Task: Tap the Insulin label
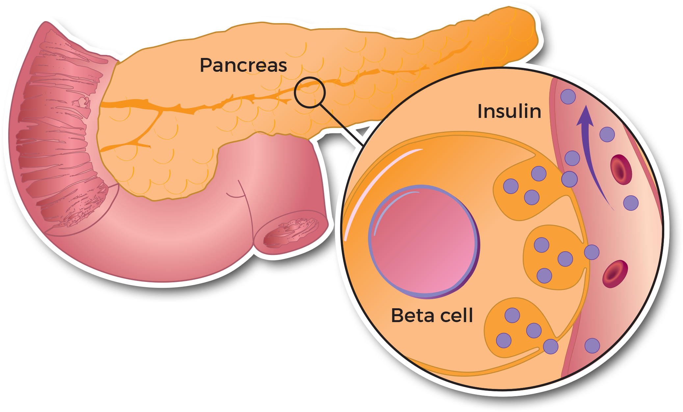tap(509, 111)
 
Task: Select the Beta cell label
tap(432, 315)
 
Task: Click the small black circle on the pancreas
tap(309, 93)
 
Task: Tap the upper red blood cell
tap(621, 169)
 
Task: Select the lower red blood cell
tap(615, 273)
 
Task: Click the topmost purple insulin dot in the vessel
tap(568, 96)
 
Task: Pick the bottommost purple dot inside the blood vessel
tap(592, 345)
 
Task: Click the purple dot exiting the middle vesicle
tap(591, 252)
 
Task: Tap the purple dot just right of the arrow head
tap(607, 134)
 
